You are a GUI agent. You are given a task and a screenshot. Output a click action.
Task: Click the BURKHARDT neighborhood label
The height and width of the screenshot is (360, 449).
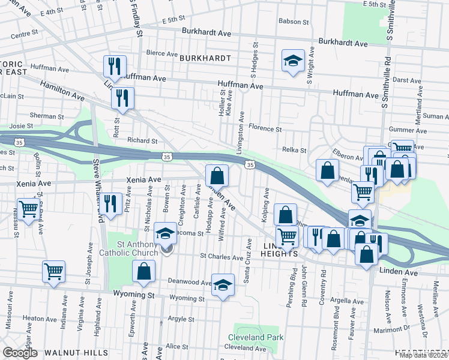(205, 58)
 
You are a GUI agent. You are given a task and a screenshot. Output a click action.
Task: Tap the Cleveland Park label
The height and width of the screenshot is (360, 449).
(255, 337)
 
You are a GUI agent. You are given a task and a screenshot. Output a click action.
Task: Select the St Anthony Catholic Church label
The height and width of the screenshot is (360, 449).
(129, 248)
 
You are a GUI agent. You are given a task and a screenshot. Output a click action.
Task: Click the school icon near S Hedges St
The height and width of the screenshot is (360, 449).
(293, 61)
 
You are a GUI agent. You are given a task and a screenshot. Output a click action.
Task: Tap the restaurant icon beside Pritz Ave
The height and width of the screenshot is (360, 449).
(109, 202)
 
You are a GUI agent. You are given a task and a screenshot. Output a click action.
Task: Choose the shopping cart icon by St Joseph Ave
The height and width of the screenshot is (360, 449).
(53, 271)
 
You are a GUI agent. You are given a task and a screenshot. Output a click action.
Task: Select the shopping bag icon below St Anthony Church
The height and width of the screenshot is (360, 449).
(144, 271)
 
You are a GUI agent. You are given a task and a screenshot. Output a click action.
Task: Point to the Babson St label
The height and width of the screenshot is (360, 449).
(294, 22)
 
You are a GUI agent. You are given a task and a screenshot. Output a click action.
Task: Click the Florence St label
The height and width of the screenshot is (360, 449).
(265, 129)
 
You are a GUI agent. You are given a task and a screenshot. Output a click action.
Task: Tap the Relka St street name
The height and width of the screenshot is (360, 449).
(294, 151)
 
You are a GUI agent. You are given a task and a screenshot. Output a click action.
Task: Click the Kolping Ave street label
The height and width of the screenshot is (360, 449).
(265, 206)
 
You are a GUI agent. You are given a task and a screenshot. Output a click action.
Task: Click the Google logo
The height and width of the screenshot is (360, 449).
(20, 353)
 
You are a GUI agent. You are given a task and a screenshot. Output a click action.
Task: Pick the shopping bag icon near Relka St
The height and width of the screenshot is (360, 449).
(327, 170)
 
